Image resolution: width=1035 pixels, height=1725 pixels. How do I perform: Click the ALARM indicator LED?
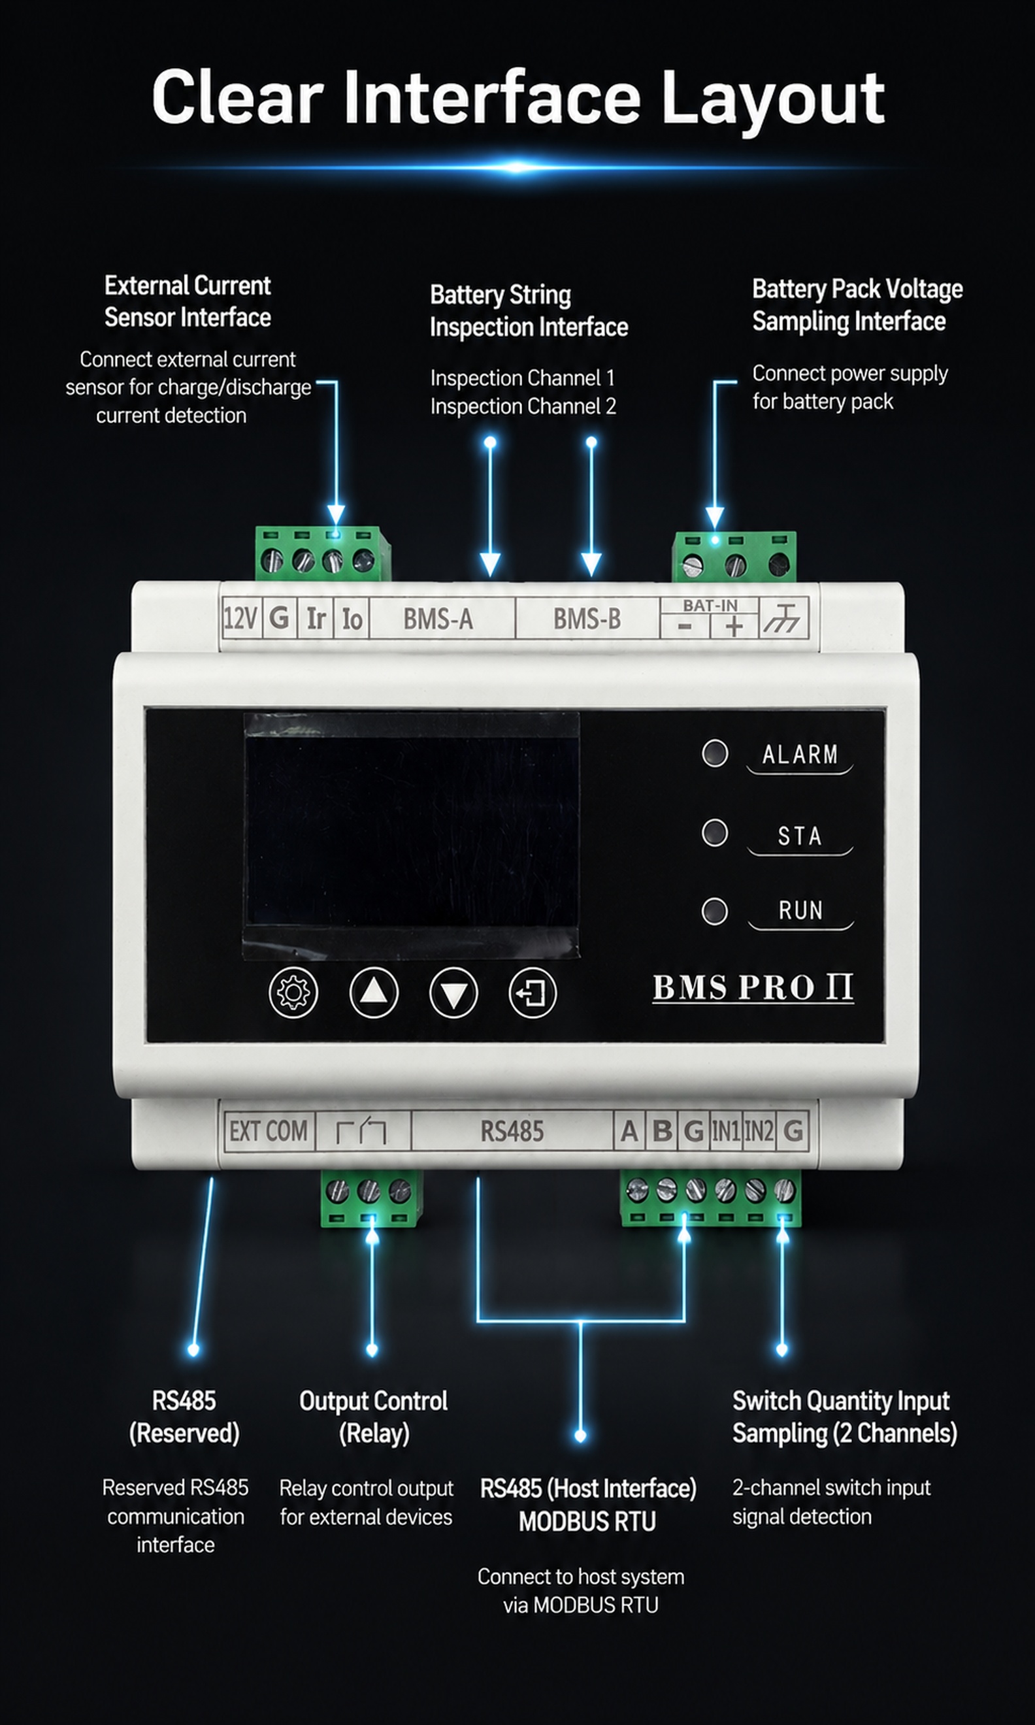[x=715, y=753]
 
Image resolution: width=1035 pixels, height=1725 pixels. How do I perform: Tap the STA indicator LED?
[x=714, y=832]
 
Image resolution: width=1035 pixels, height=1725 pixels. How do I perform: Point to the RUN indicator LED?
[x=714, y=912]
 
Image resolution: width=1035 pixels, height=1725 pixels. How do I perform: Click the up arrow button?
[x=373, y=992]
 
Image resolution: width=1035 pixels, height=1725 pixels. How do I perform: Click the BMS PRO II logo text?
[x=753, y=987]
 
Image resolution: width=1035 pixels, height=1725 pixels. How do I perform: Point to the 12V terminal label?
[x=240, y=619]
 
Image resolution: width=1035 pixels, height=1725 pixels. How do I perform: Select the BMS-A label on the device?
[x=438, y=619]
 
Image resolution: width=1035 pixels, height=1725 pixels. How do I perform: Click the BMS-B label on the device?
[x=587, y=619]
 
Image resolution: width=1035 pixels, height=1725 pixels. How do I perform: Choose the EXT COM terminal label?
[x=269, y=1131]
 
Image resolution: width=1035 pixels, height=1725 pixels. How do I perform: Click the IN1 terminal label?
[x=725, y=1131]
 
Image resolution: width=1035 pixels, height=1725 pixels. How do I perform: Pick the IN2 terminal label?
[x=759, y=1131]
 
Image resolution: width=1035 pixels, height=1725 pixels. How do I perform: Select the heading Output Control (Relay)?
[x=373, y=1417]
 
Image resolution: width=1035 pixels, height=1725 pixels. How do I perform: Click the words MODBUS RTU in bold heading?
[x=587, y=1521]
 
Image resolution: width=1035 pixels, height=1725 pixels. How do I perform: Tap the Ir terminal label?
[x=316, y=619]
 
